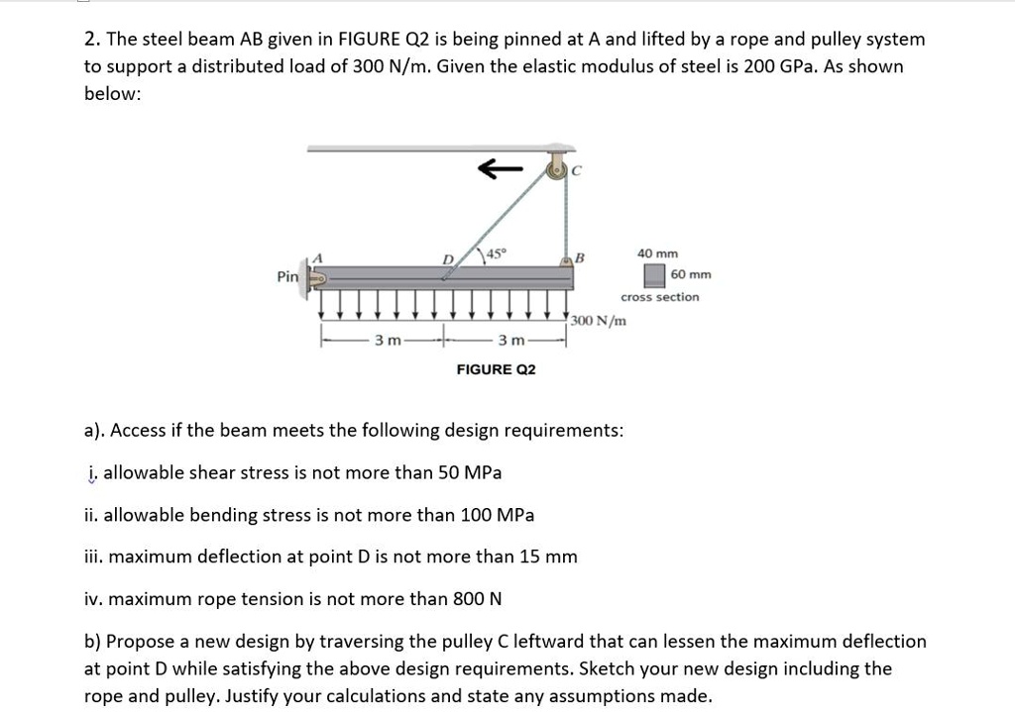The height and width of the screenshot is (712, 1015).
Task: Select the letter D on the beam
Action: coord(448,259)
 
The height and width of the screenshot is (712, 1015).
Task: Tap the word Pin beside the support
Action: coord(287,276)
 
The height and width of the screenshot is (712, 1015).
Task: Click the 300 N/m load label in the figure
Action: coord(600,321)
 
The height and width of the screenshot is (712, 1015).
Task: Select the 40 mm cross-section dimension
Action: coord(657,254)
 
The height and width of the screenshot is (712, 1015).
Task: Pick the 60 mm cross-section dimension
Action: coord(691,274)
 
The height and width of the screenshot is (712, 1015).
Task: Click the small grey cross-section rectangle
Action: coord(654,274)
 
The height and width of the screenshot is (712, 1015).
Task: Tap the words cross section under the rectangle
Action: coord(659,297)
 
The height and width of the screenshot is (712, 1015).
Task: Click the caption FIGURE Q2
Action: coord(496,369)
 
